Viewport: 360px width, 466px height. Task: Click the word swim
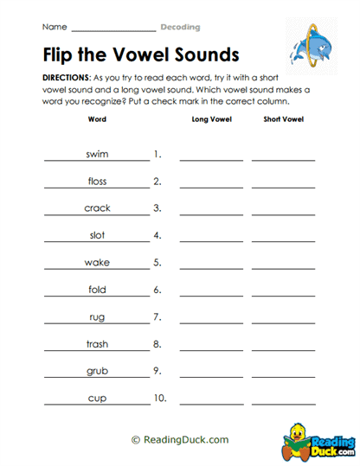97,154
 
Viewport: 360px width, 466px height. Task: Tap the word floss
97,181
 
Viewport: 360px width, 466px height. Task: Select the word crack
97,207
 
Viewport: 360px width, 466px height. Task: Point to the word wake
97,262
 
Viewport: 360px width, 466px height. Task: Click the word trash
97,343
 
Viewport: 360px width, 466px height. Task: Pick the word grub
97,371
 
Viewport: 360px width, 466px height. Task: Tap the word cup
97,398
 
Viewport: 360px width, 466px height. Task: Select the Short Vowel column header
283,119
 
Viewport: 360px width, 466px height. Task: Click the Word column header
97,119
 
